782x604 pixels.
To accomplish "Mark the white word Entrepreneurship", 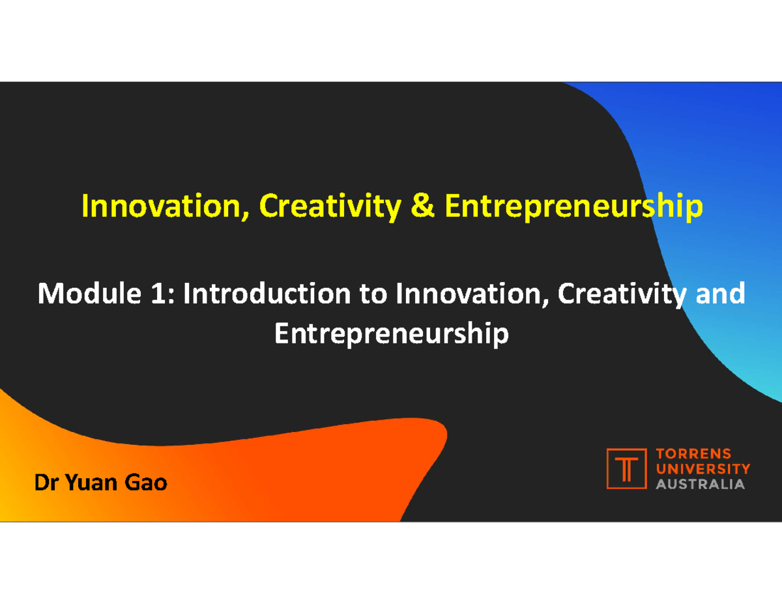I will click(x=391, y=335).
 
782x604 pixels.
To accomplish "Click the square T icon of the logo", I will click(x=626, y=468).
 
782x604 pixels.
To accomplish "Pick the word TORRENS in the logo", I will click(x=692, y=453).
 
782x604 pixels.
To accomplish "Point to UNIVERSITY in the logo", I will click(x=702, y=468).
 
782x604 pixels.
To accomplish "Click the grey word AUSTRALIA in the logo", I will click(x=699, y=484).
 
